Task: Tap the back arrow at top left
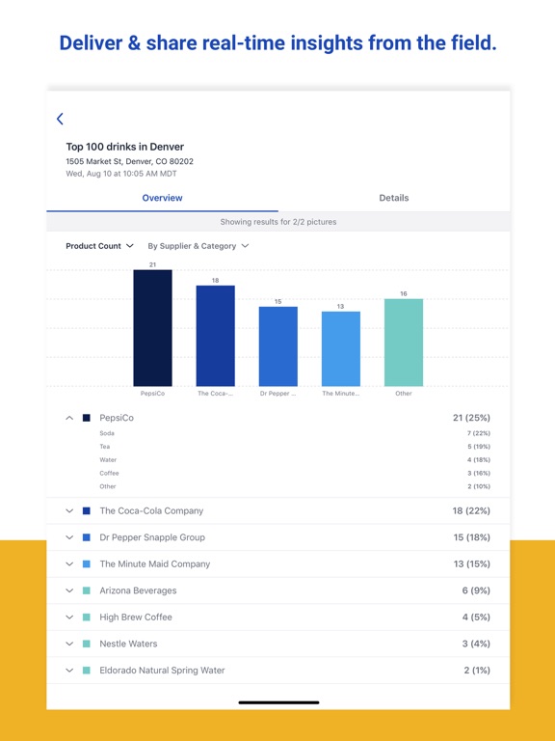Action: (x=60, y=119)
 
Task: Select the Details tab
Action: (x=393, y=198)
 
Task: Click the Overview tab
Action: (x=162, y=198)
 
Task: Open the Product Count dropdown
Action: (x=99, y=246)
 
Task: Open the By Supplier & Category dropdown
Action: (x=198, y=246)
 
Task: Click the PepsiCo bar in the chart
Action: (x=152, y=328)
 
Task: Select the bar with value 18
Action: (x=215, y=336)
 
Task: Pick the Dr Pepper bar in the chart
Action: (x=277, y=346)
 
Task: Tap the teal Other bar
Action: (x=403, y=343)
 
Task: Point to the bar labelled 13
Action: (x=340, y=348)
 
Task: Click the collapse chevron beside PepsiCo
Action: (x=69, y=419)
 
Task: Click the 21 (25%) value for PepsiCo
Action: (x=471, y=419)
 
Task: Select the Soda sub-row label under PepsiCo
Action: (x=107, y=433)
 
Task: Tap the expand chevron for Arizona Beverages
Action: (x=69, y=590)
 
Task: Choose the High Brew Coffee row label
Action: (x=136, y=617)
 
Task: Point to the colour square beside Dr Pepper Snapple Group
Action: (x=87, y=537)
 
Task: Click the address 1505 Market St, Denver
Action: (x=129, y=161)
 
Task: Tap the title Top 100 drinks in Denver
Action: (x=124, y=147)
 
